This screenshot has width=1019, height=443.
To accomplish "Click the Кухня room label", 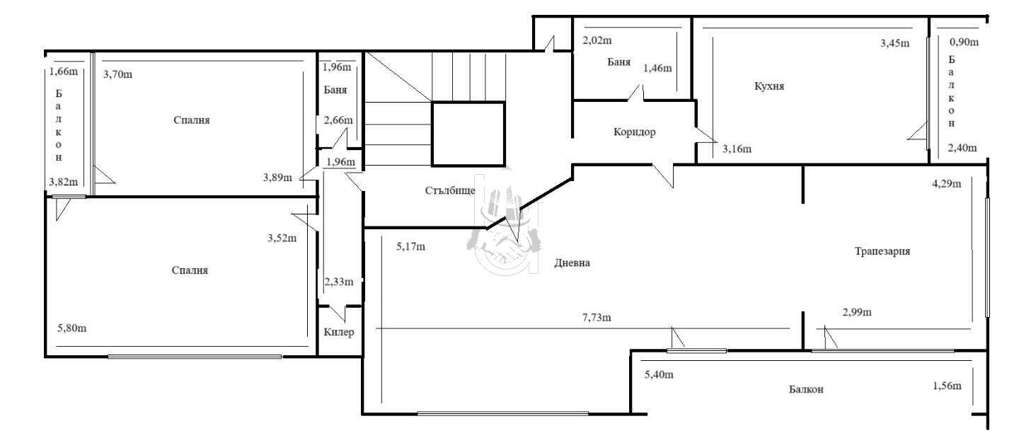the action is [x=768, y=86].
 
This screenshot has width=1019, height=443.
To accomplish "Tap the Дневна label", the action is [x=572, y=263].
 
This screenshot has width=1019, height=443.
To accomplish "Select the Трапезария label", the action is [x=882, y=251].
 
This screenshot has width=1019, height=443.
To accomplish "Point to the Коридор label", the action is [x=634, y=132].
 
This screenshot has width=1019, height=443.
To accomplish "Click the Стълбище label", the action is [x=450, y=190].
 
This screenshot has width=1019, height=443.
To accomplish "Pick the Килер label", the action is [x=338, y=332].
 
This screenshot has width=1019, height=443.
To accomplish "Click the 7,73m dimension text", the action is [x=597, y=318].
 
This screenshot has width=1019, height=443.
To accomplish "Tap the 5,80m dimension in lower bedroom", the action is [x=72, y=328].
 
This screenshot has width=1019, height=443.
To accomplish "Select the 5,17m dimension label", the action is [x=410, y=246].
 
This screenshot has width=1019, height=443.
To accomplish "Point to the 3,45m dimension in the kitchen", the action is [x=894, y=43].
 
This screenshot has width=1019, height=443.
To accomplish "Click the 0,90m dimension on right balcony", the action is [x=964, y=42].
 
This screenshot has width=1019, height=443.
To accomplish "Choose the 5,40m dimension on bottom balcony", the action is [x=660, y=375].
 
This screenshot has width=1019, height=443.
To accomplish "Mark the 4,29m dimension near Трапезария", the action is [x=947, y=184].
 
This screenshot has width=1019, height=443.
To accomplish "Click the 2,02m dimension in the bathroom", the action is [x=597, y=40].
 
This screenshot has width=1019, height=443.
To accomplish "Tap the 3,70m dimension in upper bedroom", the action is [x=117, y=74].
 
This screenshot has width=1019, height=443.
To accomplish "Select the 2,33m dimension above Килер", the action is [x=339, y=282].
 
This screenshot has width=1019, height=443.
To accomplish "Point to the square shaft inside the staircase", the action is [x=468, y=134].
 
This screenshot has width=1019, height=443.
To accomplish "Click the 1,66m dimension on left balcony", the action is [x=64, y=71].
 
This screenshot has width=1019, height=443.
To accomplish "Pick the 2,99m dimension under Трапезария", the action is [x=857, y=312].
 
